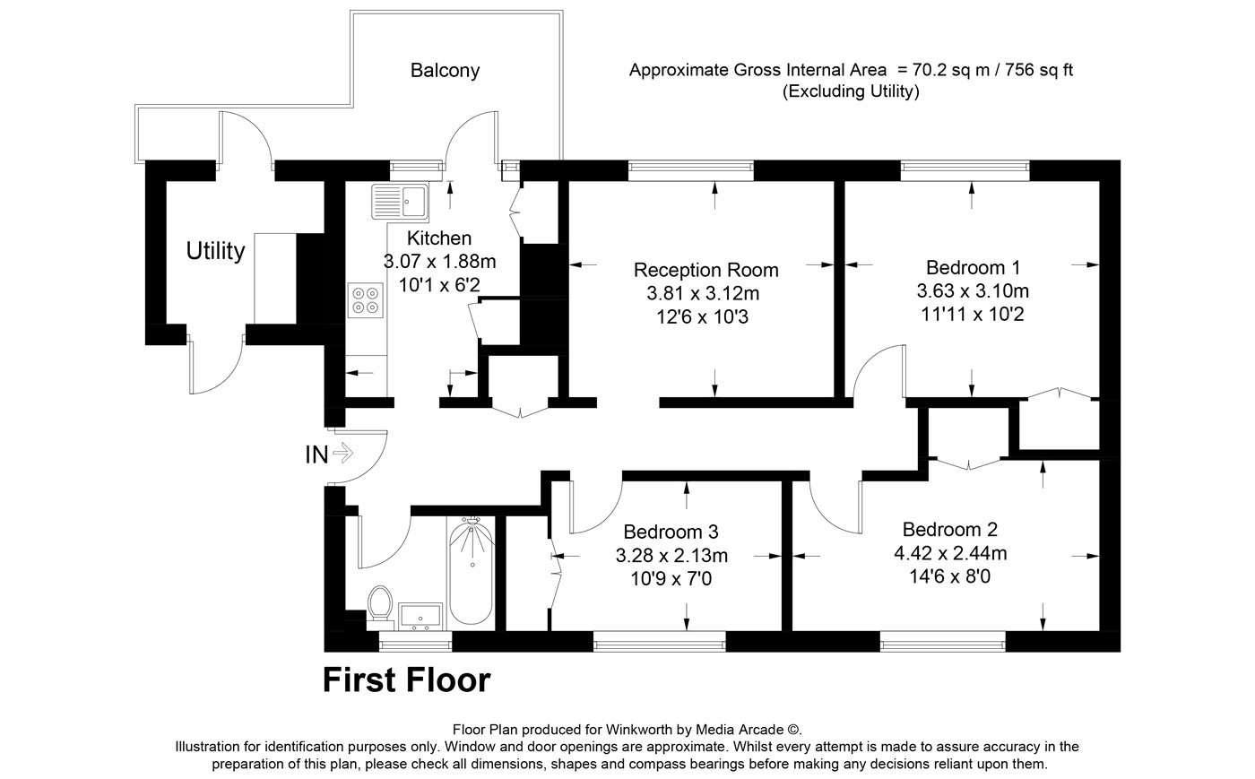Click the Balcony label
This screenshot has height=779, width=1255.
pyautogui.click(x=445, y=71)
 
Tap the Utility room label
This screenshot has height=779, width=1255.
pyautogui.click(x=215, y=250)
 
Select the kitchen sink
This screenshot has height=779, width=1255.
pyautogui.click(x=400, y=201)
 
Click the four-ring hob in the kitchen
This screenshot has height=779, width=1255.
pyautogui.click(x=366, y=299)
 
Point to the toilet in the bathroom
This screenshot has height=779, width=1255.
pyautogui.click(x=380, y=603)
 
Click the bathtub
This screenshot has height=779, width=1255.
pyautogui.click(x=472, y=570)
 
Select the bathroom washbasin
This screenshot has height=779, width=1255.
pyautogui.click(x=420, y=616)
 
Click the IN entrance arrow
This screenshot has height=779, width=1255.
pyautogui.click(x=342, y=453)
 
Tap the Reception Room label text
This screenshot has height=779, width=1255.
pyautogui.click(x=706, y=270)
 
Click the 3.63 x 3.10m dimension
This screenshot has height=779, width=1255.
pyautogui.click(x=973, y=290)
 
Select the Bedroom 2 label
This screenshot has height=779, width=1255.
pyautogui.click(x=949, y=529)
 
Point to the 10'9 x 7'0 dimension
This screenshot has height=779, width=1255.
pyautogui.click(x=671, y=578)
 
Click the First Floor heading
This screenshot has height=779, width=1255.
pyautogui.click(x=407, y=680)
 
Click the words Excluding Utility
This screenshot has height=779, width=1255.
pyautogui.click(x=851, y=91)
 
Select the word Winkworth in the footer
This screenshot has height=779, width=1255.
pyautogui.click(x=638, y=730)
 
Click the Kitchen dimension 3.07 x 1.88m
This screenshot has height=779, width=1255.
pyautogui.click(x=439, y=262)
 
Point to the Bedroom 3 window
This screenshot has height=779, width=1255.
pyautogui.click(x=660, y=642)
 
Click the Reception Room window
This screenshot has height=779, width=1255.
pyautogui.click(x=691, y=170)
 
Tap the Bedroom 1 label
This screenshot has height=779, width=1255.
pyautogui.click(x=973, y=267)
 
